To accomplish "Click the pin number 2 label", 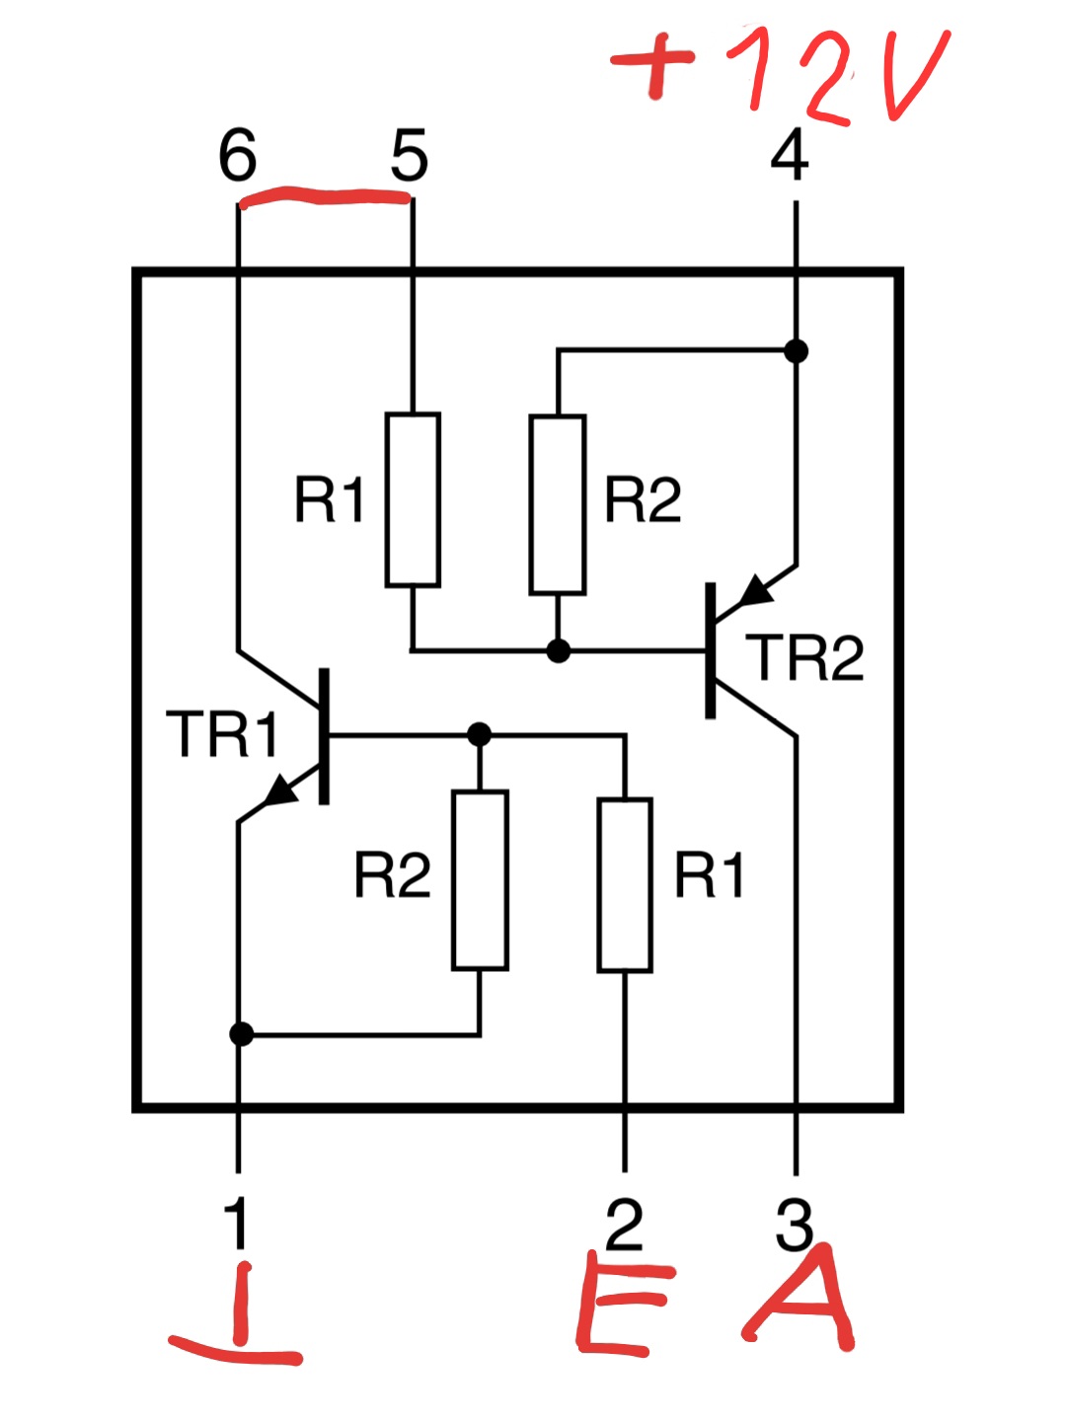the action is [624, 1223].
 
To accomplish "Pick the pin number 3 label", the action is [794, 1223].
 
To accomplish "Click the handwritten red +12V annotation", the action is [780, 74].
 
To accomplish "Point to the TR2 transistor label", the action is [804, 657].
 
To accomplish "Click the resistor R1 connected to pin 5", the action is [413, 499].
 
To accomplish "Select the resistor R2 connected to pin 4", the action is [558, 504].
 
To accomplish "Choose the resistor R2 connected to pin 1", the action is [480, 880].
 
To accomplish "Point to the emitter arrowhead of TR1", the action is [282, 790].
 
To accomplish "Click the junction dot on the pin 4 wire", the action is [797, 351].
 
